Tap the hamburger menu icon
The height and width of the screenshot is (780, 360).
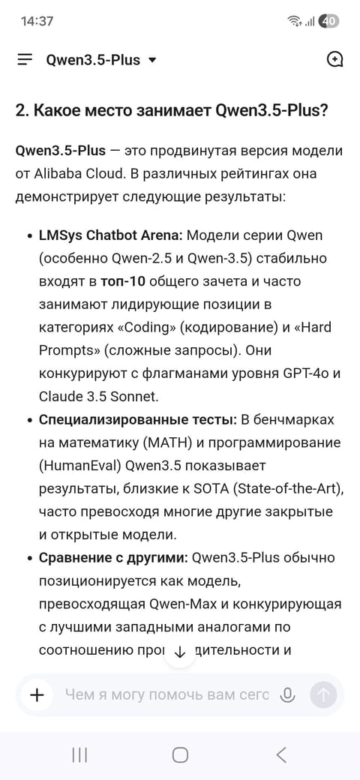point(25,60)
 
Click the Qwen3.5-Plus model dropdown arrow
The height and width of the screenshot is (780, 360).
point(152,60)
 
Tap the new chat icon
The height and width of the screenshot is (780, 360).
point(334,60)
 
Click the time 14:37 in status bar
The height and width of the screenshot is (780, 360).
point(37,21)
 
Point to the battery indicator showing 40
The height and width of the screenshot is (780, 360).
point(328,21)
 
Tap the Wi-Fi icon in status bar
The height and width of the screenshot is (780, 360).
point(294,21)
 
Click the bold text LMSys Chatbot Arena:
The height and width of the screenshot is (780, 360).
point(110,235)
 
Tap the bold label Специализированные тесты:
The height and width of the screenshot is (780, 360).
point(137,419)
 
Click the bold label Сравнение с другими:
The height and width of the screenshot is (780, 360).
point(113,558)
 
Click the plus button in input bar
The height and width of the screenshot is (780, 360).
point(37,695)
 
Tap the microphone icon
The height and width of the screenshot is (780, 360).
point(286,695)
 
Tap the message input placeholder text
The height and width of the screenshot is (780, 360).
point(166,695)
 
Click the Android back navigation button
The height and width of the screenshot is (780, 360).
point(281,755)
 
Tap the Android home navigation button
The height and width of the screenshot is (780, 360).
point(180,755)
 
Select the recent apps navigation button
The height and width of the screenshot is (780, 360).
point(79,755)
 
